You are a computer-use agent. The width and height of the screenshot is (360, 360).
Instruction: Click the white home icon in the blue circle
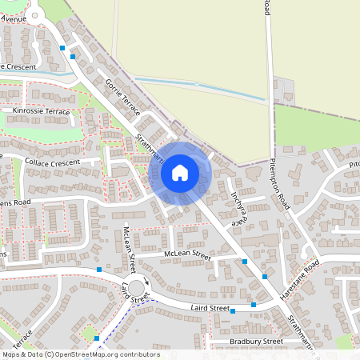click(179, 172)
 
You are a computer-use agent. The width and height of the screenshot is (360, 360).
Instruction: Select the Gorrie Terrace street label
click(121, 95)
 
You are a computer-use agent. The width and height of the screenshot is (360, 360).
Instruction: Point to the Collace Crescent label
click(53, 161)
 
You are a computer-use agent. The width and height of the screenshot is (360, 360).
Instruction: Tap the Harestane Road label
click(300, 276)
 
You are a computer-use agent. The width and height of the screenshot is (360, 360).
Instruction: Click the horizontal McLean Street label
click(186, 256)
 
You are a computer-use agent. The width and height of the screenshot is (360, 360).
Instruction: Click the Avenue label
click(13, 17)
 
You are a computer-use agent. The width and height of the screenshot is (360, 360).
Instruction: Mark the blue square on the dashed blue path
click(96, 338)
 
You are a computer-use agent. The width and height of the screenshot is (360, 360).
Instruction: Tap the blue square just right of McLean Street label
click(244, 261)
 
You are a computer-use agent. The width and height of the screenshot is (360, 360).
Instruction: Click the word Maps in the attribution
click(10, 354)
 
